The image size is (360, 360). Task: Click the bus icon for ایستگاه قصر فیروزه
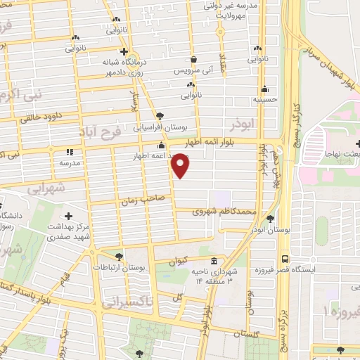tap(284, 258)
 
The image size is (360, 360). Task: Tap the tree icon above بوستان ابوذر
tap(271, 219)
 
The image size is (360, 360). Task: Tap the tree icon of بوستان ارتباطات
tap(118, 257)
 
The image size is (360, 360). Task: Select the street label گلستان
tap(265, 335)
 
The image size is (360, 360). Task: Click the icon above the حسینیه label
tap(264, 89)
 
